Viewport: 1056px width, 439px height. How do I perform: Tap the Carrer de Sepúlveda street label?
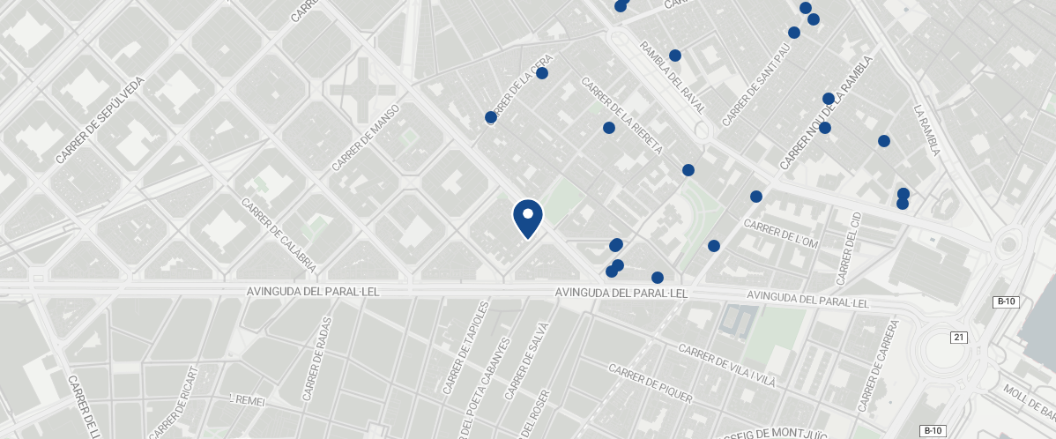pos(100,120)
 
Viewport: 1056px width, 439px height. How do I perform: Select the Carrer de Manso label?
pos(366,138)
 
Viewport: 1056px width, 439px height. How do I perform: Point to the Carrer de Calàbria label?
pos(279,234)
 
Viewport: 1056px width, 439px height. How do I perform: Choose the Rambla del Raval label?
pos(673,78)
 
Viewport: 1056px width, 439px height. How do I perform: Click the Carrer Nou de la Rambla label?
pos(826,112)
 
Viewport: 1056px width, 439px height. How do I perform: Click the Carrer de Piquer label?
pos(651,383)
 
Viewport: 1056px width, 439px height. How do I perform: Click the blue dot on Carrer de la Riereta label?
pos(608,128)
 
